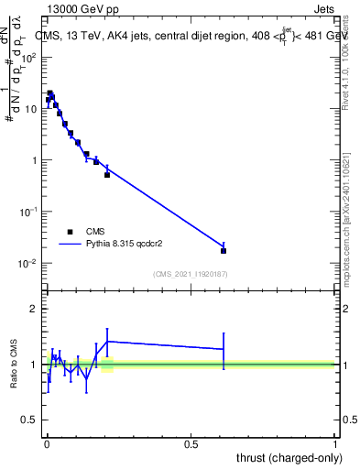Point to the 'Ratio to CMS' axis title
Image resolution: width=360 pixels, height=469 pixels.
tap(15, 365)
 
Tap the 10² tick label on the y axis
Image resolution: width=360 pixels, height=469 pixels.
tap(29, 57)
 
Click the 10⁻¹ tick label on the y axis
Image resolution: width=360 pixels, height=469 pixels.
tap(28, 212)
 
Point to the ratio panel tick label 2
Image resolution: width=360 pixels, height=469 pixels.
tap(34, 309)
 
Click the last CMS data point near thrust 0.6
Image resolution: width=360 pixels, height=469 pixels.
tap(224, 250)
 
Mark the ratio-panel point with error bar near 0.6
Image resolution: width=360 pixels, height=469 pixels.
tap(224, 349)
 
